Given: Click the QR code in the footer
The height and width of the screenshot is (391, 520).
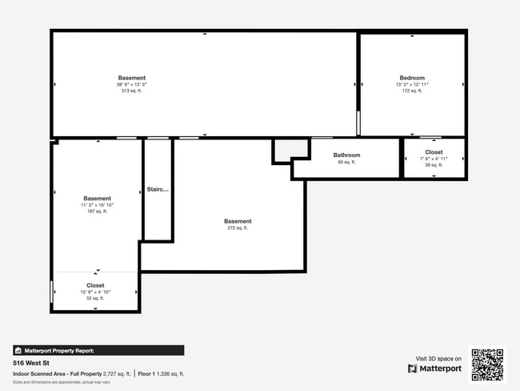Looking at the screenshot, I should (487, 365).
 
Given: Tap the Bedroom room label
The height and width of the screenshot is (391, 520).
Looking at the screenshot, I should (412, 78).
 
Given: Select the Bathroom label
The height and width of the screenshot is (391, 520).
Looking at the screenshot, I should (346, 155).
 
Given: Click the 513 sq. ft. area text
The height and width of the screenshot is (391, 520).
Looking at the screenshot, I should (132, 91).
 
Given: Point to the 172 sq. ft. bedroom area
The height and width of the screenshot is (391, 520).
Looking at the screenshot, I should (412, 91).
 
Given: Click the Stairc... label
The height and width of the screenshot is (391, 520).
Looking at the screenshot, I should (158, 190).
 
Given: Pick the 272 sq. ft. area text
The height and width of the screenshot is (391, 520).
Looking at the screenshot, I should (238, 228).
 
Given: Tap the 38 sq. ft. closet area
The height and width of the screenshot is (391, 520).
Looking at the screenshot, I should (434, 164).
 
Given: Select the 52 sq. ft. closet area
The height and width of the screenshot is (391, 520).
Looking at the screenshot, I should (95, 298).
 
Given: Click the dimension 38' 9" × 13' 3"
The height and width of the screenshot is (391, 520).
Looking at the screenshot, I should (132, 84).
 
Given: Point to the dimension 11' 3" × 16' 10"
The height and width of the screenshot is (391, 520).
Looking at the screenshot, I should (97, 205).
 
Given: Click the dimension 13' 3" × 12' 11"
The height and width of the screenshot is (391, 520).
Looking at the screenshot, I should (412, 84).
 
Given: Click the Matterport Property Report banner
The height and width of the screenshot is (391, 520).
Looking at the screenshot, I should (98, 350).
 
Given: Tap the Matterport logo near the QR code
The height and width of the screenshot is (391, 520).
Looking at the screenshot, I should (435, 369).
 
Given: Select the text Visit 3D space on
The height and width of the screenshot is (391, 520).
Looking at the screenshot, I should (438, 358).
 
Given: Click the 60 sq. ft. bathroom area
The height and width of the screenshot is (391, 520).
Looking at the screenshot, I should (346, 162).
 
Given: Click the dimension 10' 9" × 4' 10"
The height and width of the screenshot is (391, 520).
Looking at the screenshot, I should (95, 292).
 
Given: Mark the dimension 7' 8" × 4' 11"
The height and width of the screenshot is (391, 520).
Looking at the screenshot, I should (434, 158).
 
